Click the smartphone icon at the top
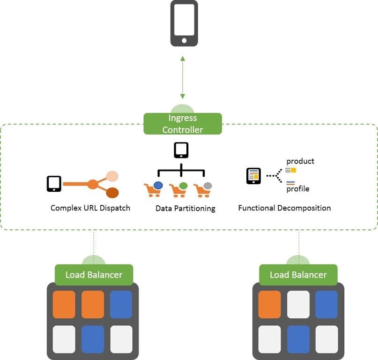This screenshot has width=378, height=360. [x=184, y=23]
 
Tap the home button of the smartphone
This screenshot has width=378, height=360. [x=184, y=41]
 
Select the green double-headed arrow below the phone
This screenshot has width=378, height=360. [x=183, y=77]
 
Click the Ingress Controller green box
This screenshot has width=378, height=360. [x=183, y=124]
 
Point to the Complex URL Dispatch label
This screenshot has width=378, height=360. [x=90, y=208]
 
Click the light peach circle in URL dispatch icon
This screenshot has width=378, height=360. [x=112, y=176]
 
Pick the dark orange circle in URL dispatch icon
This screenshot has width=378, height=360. [x=112, y=192]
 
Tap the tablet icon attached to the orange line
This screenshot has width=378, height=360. [x=54, y=184]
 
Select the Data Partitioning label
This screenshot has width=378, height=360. [x=185, y=208]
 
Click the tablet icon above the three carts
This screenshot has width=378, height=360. [x=181, y=150]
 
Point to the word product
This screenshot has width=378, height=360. [x=300, y=161]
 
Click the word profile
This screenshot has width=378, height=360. [x=298, y=189]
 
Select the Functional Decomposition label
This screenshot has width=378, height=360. [x=284, y=208]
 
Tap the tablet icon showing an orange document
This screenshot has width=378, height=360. [x=253, y=176]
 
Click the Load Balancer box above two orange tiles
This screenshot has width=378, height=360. [x=94, y=275]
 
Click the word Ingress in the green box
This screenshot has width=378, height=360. [x=183, y=118]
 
